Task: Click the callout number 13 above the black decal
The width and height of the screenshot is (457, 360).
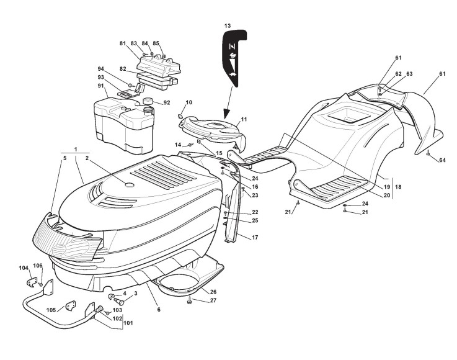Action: (x=228, y=25)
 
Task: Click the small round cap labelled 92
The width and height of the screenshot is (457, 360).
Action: (x=148, y=100)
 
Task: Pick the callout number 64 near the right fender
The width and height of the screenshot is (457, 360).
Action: (x=442, y=160)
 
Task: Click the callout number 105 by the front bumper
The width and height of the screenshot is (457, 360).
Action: (x=51, y=310)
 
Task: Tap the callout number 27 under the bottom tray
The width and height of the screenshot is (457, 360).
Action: (x=213, y=300)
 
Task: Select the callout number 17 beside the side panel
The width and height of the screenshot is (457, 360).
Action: (x=255, y=236)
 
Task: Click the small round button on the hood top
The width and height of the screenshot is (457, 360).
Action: (x=129, y=184)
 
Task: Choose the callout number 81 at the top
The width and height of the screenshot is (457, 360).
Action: (x=122, y=43)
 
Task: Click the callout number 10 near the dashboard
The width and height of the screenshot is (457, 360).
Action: (x=189, y=102)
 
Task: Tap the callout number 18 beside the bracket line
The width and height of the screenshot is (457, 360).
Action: (x=398, y=187)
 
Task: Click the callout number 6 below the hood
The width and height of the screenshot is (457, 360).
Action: (x=158, y=309)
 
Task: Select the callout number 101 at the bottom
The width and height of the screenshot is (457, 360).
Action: (x=128, y=322)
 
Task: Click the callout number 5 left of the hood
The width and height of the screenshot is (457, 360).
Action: (x=64, y=158)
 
